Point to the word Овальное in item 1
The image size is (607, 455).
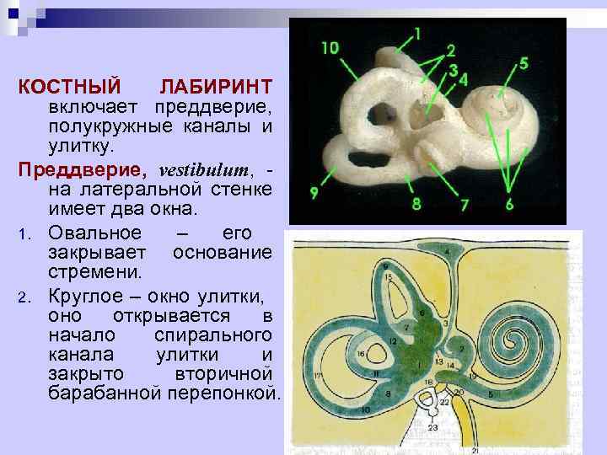pos(94,233)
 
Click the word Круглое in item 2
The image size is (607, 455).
pos(88,296)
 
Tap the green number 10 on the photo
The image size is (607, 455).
pos(330,49)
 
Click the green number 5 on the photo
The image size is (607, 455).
pos(524,62)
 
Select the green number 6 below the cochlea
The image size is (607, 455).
pos(509,205)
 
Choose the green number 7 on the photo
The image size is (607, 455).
pos(464,205)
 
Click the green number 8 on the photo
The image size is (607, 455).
pos(416,204)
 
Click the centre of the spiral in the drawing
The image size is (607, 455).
pos(512,340)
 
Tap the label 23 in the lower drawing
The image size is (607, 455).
pos(432,427)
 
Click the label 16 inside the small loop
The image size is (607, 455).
pos(360,355)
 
